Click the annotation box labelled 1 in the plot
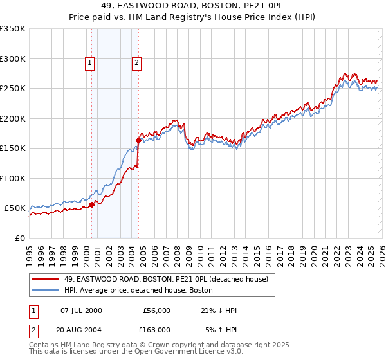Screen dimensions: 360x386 pos(89,63)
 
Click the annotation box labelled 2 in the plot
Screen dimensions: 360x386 pos(137,63)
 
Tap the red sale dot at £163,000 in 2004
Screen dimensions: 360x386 pos(138,139)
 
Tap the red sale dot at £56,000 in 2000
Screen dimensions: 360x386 pos(91,204)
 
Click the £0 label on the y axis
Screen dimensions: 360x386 pos(19,238)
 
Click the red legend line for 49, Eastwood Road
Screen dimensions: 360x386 pos(46,278)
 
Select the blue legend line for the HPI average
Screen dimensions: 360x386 pos(46,291)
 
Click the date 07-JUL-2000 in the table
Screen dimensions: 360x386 pos(81,310)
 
